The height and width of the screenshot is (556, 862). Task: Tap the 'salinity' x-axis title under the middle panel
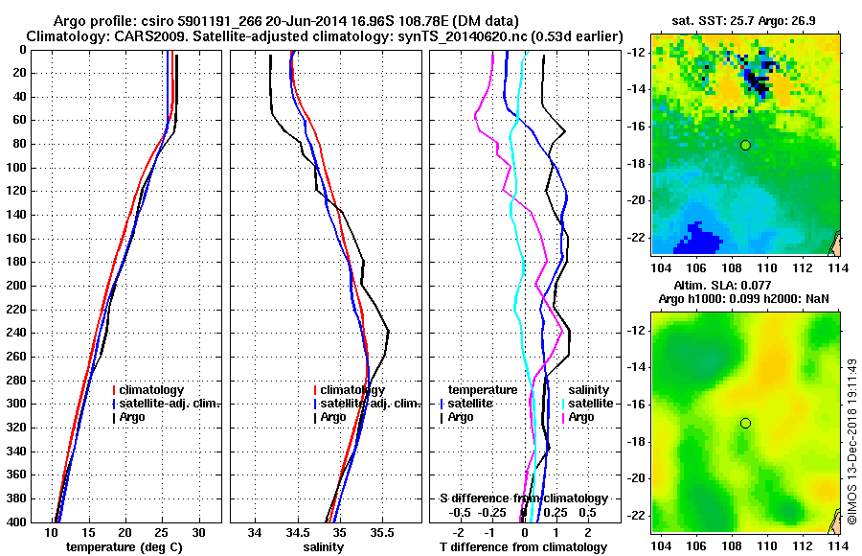click(x=323, y=547)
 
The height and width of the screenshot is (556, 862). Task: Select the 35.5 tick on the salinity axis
click(x=381, y=532)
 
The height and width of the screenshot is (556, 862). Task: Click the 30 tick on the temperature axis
click(x=198, y=532)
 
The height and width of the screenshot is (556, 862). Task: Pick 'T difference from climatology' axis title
click(x=523, y=547)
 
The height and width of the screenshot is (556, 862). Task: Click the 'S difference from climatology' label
click(x=523, y=498)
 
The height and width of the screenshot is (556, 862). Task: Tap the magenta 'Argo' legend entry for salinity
click(x=580, y=417)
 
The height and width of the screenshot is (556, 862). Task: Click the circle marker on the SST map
click(x=745, y=145)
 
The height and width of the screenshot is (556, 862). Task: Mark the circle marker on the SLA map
click(x=745, y=423)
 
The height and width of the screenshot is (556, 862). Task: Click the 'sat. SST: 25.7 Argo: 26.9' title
click(x=745, y=20)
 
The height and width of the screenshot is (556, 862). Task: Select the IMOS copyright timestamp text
click(x=851, y=441)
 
